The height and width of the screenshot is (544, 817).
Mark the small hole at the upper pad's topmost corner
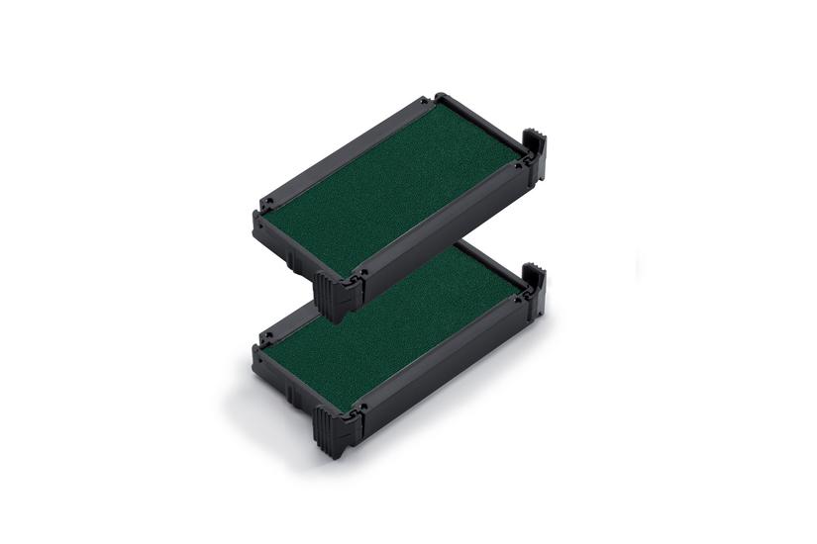pyautogui.click(x=423, y=101)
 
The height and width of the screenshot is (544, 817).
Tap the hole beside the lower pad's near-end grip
pyautogui.click(x=359, y=405)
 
